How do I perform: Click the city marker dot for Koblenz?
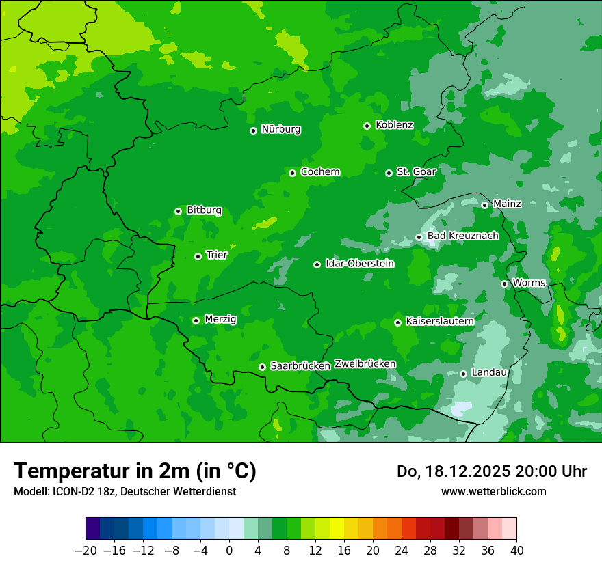coord(367,126)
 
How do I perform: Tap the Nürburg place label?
coord(280,129)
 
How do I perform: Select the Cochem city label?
coord(319,171)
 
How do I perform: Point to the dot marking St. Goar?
coord(389,173)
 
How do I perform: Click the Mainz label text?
coord(507,204)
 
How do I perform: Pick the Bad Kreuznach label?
coord(462,236)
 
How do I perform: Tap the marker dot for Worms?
coord(504,283)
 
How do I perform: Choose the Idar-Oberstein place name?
coord(359,263)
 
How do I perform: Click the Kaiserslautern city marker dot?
coord(397,322)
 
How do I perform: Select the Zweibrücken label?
coord(365,363)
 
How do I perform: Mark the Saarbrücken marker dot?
coord(262,367)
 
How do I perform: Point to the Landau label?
coord(489,372)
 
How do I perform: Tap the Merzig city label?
coord(220,319)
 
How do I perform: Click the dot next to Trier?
coord(198,256)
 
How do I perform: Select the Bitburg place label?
coord(204,210)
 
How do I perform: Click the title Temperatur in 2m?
coord(135,471)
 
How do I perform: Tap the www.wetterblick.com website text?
coord(493,491)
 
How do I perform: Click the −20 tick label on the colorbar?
coord(86,551)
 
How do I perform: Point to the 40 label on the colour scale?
coord(516,551)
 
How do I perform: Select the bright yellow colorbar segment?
coord(337,529)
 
